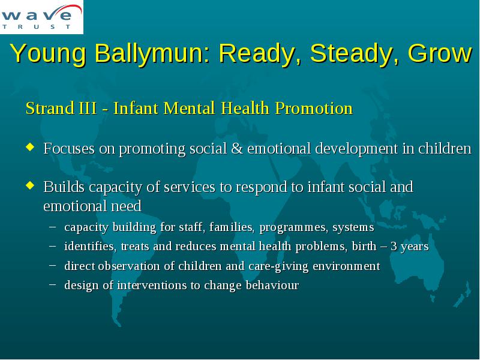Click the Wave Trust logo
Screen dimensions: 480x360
click(x=41, y=17)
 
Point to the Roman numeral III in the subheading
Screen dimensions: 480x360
click(x=87, y=108)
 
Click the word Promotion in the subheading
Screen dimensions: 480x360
click(x=314, y=108)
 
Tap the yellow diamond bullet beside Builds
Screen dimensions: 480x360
click(x=30, y=185)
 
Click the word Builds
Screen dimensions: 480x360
click(x=64, y=187)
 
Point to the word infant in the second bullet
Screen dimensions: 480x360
click(x=326, y=187)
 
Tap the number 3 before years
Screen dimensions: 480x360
click(x=394, y=247)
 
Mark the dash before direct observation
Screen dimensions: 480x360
click(x=52, y=265)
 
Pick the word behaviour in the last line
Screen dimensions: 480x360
click(x=272, y=286)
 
